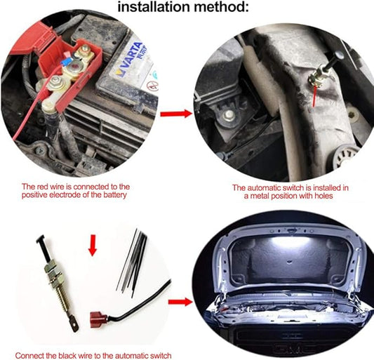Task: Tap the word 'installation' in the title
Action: (x=154, y=7)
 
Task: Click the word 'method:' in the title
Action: (x=221, y=7)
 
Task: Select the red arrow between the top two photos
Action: (x=176, y=114)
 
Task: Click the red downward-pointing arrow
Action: (x=93, y=245)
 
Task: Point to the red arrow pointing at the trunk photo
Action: (x=180, y=302)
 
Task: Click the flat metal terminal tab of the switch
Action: (x=74, y=323)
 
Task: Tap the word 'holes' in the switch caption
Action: (x=323, y=196)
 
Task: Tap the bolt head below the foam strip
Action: (x=229, y=115)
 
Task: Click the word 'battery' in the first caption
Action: (x=114, y=195)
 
